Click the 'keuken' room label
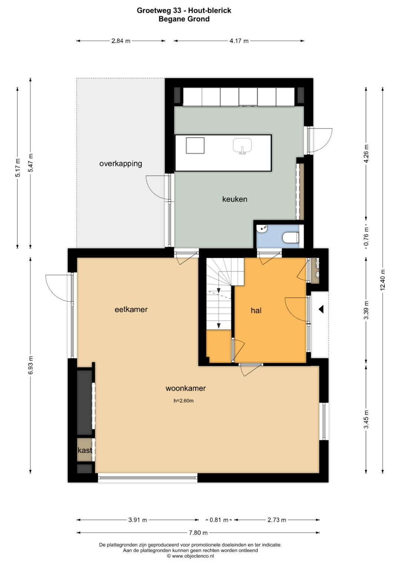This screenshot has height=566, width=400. [234, 199]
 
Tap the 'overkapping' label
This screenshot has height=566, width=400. [121, 164]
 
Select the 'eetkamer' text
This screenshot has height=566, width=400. [131, 309]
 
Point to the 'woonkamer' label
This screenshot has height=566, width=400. [186, 388]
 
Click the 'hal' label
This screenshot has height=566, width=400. [256, 310]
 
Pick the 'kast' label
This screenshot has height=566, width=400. [85, 450]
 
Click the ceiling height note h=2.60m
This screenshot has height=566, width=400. [184, 401]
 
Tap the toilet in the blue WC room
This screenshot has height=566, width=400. [291, 237]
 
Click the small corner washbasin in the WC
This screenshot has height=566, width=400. [261, 229]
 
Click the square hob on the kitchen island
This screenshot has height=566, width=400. [195, 146]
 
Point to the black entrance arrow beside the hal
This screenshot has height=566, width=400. [321, 309]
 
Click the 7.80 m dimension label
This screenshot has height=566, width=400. [198, 533]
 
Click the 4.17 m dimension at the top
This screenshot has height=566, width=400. [239, 41]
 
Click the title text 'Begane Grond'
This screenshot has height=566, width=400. [184, 19]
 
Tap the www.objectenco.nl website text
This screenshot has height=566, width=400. [191, 556]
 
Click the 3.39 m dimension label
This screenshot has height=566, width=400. [366, 310]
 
